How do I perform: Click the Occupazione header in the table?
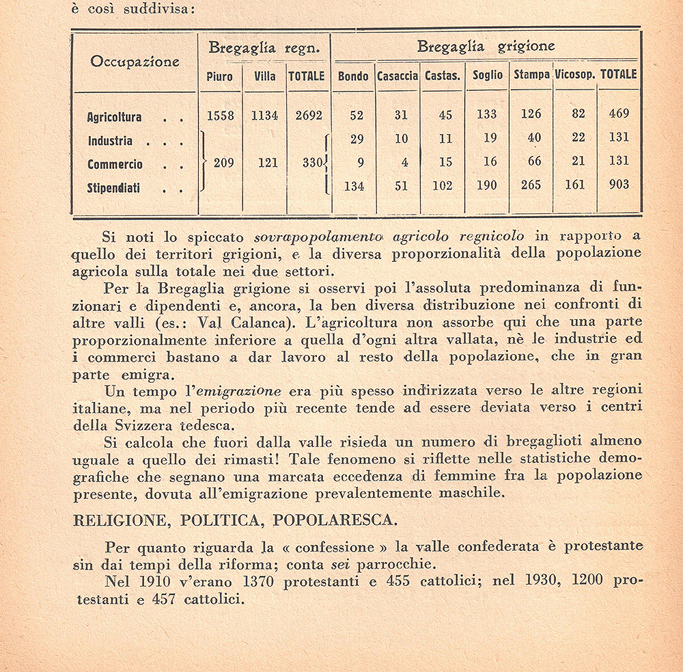pos(135,62)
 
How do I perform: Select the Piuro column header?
pos(219,76)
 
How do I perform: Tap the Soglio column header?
pos(487,75)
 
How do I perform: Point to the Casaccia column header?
pos(398,76)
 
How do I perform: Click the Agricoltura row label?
pos(114,117)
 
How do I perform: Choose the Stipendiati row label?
pos(113,188)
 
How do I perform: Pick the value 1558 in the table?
pos(220,116)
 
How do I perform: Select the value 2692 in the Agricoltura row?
pos(308,116)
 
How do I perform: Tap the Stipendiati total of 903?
pos(618,185)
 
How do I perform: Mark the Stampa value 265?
pos(531,185)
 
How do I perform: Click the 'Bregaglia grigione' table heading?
pos(486,47)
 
